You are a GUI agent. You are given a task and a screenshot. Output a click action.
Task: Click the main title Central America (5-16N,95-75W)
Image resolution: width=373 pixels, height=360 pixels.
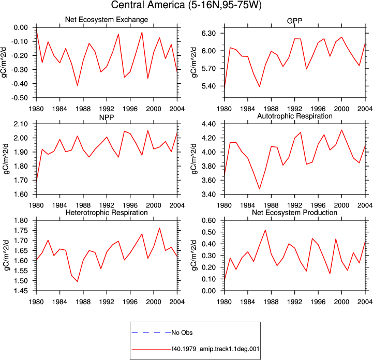[186, 5]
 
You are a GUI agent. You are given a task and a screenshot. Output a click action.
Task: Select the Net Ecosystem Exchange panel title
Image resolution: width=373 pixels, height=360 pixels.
[107, 20]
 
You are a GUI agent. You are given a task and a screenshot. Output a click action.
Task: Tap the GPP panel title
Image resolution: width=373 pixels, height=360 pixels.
[294, 21]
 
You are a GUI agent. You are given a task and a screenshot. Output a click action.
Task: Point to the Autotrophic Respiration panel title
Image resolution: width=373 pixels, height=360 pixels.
[295, 116]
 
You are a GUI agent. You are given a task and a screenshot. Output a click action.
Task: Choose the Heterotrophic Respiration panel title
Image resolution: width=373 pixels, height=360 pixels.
[107, 213]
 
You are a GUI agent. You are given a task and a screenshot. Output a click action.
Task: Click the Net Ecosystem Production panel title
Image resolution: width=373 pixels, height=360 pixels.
[294, 213]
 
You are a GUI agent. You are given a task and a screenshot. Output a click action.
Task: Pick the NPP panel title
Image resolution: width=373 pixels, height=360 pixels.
[107, 117]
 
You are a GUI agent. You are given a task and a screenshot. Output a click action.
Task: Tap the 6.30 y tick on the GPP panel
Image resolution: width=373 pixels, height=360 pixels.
[208, 33]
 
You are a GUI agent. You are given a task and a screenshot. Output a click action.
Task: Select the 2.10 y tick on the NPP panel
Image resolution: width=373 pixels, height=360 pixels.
[21, 124]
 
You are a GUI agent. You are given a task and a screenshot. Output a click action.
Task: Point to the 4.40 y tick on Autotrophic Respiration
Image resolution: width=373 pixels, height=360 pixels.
[208, 124]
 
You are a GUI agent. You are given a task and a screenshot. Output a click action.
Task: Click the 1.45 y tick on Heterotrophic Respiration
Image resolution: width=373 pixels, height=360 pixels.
[21, 291]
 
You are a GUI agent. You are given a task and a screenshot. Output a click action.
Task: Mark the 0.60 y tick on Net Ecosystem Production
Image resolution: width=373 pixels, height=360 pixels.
[208, 220]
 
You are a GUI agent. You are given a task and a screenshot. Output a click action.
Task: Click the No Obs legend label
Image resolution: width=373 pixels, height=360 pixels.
[182, 333]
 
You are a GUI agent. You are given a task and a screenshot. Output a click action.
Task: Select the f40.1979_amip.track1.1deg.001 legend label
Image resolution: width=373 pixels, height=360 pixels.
[216, 349]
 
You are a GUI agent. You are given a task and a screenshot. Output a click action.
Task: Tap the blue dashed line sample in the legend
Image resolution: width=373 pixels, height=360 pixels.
[151, 332]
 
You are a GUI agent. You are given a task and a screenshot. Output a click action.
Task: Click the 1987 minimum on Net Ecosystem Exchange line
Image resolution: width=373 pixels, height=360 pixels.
[77, 85]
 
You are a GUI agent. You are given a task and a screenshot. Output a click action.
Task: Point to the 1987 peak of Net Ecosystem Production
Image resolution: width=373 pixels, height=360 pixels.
[265, 230]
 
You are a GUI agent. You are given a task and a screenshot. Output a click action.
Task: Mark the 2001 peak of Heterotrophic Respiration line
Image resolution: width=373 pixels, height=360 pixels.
[159, 228]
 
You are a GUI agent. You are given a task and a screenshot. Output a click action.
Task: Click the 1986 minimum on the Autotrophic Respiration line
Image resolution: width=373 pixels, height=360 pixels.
[260, 189]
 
